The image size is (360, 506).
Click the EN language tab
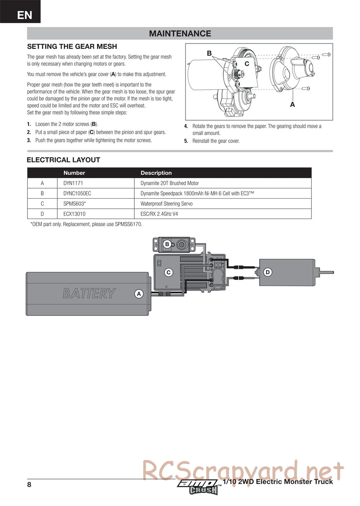click(x=24, y=15)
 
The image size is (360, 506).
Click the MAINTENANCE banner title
click(x=180, y=33)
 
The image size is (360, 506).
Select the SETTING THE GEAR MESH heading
click(x=72, y=46)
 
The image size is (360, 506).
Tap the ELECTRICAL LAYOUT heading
click(x=63, y=160)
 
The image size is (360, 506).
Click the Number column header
click(x=74, y=173)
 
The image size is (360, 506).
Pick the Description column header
click(x=156, y=173)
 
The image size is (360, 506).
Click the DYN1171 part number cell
click(x=73, y=183)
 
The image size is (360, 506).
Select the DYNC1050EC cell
click(x=77, y=193)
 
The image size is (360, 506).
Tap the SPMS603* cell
click(x=75, y=204)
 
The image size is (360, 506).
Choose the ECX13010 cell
click(x=75, y=214)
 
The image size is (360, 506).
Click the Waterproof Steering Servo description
click(x=166, y=204)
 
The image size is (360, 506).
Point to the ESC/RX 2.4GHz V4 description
click(x=159, y=214)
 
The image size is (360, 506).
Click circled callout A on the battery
click(x=139, y=294)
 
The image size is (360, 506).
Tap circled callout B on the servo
click(x=167, y=244)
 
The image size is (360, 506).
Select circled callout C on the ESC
click(x=168, y=272)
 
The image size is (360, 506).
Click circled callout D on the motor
click(x=267, y=272)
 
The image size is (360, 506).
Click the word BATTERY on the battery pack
click(x=89, y=293)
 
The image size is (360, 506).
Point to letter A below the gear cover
click(x=292, y=104)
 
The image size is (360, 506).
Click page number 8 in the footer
click(x=29, y=484)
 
